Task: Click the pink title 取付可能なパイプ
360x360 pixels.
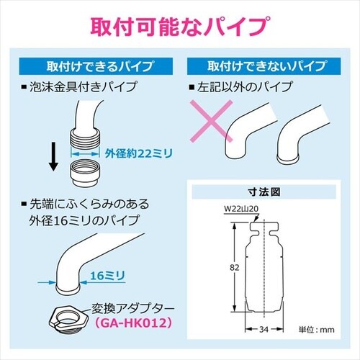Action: [x=180, y=25]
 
